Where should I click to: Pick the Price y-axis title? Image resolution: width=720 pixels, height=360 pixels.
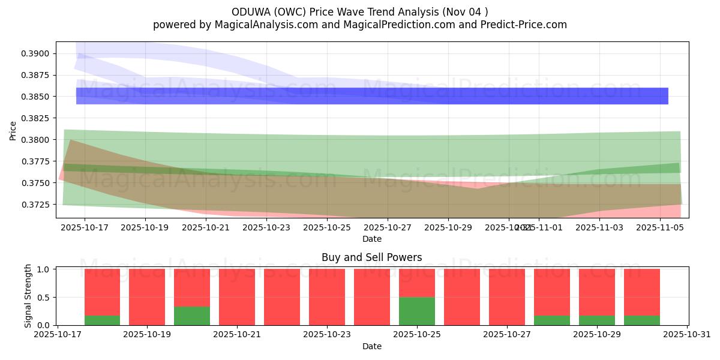(x=13, y=131)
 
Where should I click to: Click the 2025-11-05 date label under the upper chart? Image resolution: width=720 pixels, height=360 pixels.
(x=660, y=228)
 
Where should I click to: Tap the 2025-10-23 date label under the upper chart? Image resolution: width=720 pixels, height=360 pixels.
(x=266, y=228)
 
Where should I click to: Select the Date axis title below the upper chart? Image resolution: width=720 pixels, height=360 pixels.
(x=372, y=239)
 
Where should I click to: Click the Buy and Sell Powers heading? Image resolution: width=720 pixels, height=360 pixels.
(x=372, y=257)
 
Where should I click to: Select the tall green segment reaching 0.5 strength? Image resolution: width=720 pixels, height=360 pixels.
(x=417, y=311)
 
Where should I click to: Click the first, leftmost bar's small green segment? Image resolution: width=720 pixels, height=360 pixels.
(x=102, y=320)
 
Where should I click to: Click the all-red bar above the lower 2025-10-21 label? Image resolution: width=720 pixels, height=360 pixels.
(x=237, y=297)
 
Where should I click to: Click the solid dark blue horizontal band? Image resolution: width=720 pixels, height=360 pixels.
(x=372, y=96)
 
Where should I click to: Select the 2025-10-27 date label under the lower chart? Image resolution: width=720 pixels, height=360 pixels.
(x=507, y=335)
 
